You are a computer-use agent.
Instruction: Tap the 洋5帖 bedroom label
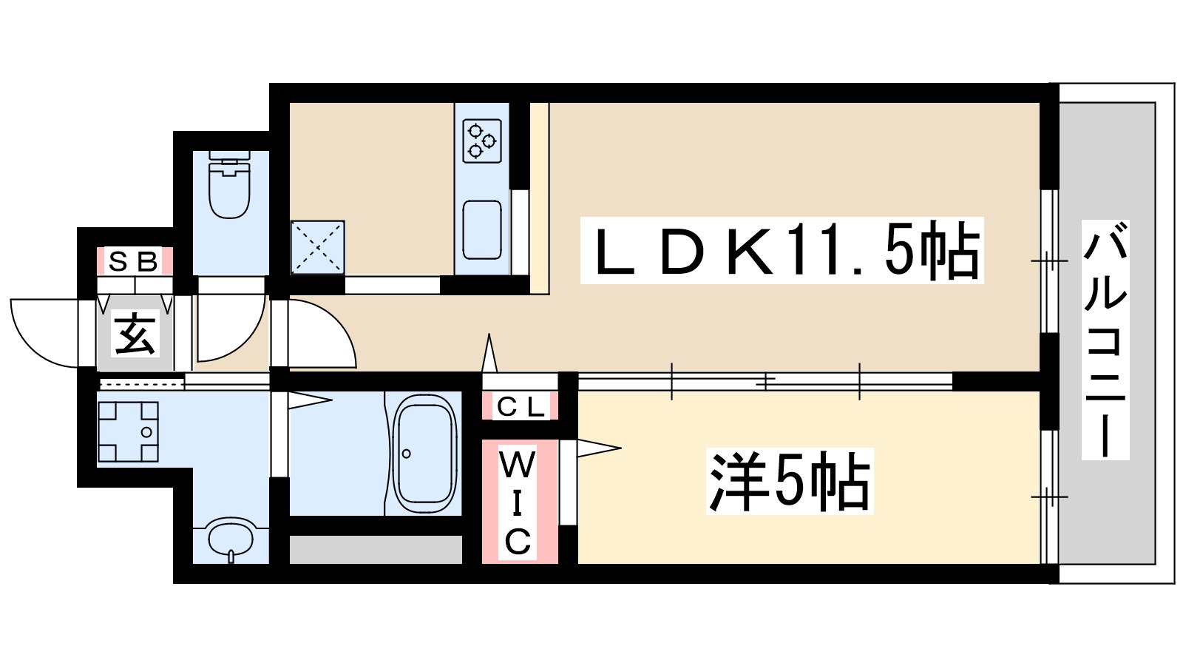click(x=790, y=481)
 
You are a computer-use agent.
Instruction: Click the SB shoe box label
click(x=134, y=261)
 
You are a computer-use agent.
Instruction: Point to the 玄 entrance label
click(x=135, y=333)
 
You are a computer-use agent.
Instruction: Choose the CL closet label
click(x=520, y=406)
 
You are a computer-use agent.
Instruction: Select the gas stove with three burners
click(x=482, y=141)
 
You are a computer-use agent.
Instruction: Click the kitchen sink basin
click(x=482, y=229)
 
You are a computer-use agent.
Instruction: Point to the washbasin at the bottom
click(x=230, y=538)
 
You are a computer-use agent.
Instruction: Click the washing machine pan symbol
click(x=128, y=431)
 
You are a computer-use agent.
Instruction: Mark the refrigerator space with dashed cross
click(x=317, y=247)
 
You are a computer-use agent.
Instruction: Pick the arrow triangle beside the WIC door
click(x=597, y=448)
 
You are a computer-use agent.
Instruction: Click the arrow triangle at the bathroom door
click(x=309, y=401)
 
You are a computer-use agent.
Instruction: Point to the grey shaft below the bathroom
click(x=375, y=549)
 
